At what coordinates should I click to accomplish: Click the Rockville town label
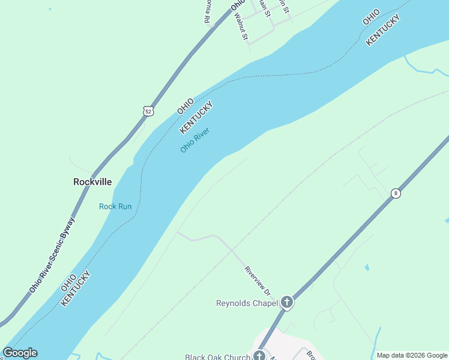click(92, 181)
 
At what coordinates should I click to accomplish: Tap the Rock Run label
click(115, 206)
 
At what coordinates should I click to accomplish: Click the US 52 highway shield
click(148, 111)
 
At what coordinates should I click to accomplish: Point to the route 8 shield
click(395, 193)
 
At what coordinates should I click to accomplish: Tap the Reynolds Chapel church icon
click(287, 302)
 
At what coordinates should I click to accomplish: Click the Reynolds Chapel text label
click(246, 303)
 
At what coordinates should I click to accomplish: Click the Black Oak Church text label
click(217, 357)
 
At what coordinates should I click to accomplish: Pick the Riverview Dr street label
click(258, 280)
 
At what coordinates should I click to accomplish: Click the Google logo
click(20, 353)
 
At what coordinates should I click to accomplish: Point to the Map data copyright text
click(412, 355)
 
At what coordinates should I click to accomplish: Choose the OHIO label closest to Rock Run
click(68, 284)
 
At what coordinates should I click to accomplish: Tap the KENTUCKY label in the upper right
click(383, 31)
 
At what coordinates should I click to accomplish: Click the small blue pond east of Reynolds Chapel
click(367, 267)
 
